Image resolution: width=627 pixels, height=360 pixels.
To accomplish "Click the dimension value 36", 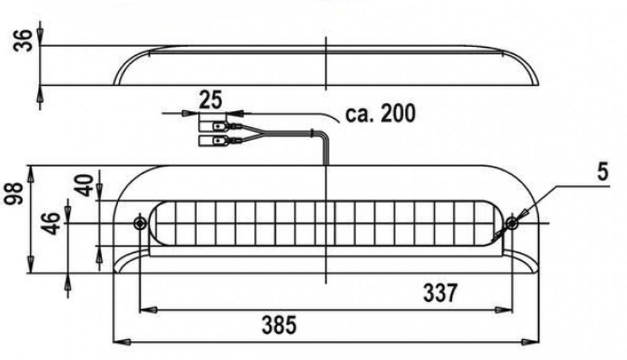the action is [x=23, y=40].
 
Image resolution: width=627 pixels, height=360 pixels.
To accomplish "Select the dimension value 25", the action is [x=211, y=100].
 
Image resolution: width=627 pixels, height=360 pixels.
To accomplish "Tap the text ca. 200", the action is [x=380, y=114].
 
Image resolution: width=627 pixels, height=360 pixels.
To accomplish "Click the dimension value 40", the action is [x=84, y=185].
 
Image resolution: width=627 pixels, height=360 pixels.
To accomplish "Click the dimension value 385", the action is [x=279, y=325].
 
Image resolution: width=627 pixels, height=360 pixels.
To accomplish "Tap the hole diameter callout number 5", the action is [x=603, y=172].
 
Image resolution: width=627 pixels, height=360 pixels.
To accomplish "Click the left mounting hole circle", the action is [x=140, y=222].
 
